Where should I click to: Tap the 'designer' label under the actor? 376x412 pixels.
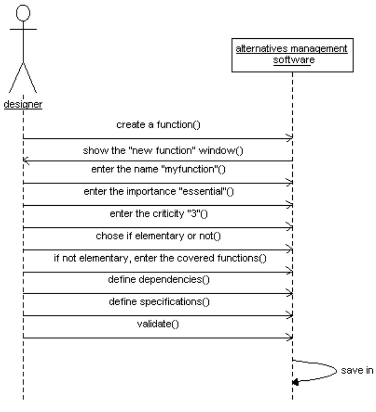pos(23,105)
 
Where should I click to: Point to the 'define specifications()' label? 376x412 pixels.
pos(158,303)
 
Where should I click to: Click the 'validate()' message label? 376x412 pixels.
pos(158,325)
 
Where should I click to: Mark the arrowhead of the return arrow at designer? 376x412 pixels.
pos(26,161)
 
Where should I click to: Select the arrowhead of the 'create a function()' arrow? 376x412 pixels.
pos(290,138)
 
